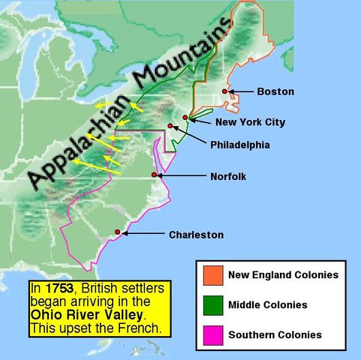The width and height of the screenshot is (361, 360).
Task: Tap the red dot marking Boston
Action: click(x=224, y=91)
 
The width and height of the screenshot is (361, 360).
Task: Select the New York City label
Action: click(x=250, y=121)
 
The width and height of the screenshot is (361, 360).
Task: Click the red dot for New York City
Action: click(x=185, y=118)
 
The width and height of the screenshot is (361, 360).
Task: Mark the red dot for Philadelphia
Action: click(x=171, y=126)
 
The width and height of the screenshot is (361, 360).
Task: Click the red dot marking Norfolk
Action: click(x=155, y=175)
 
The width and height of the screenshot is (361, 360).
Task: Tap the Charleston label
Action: click(x=196, y=235)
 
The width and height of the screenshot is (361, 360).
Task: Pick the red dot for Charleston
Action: click(x=117, y=232)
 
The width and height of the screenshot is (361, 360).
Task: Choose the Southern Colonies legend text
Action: click(x=275, y=334)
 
